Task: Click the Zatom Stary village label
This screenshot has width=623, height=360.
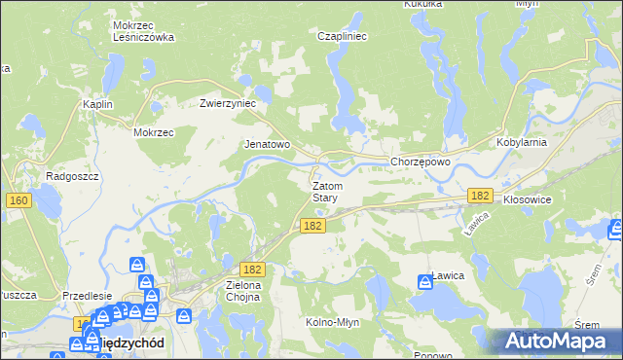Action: pos(325,192)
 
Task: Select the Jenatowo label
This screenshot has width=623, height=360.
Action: pos(267,144)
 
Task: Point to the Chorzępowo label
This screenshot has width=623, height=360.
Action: pos(420,162)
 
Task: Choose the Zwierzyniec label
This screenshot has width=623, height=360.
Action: pos(227,102)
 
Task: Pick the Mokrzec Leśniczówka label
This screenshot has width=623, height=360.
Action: pos(142,31)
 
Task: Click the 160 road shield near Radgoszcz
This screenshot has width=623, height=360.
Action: pos(18,200)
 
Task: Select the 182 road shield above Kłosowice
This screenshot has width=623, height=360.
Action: pos(478,196)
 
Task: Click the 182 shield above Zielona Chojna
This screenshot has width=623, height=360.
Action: pos(252,269)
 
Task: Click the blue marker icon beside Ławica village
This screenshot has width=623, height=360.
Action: pos(425,282)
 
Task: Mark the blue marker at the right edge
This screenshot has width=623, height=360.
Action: pos(615,230)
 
